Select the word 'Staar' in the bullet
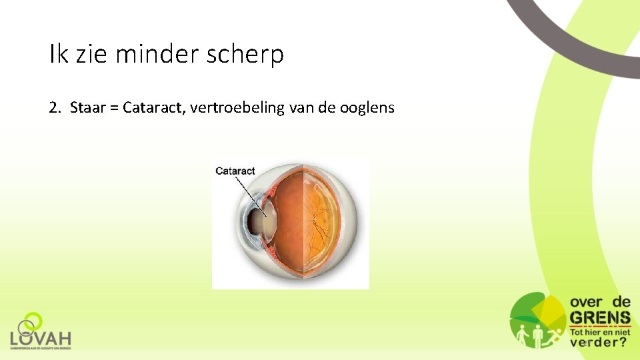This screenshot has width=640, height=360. pyautogui.click(x=88, y=107)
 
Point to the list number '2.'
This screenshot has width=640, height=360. pyautogui.click(x=55, y=107)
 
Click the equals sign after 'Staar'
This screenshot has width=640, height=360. pyautogui.click(x=115, y=108)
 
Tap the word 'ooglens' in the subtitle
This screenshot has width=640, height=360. pyautogui.click(x=369, y=107)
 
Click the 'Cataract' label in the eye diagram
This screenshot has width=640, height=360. pyautogui.click(x=235, y=171)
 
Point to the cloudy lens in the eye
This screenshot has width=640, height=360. pyautogui.click(x=268, y=220)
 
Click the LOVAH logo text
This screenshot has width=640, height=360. pyautogui.click(x=41, y=339)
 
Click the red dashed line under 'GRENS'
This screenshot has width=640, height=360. pyautogui.click(x=600, y=327)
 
